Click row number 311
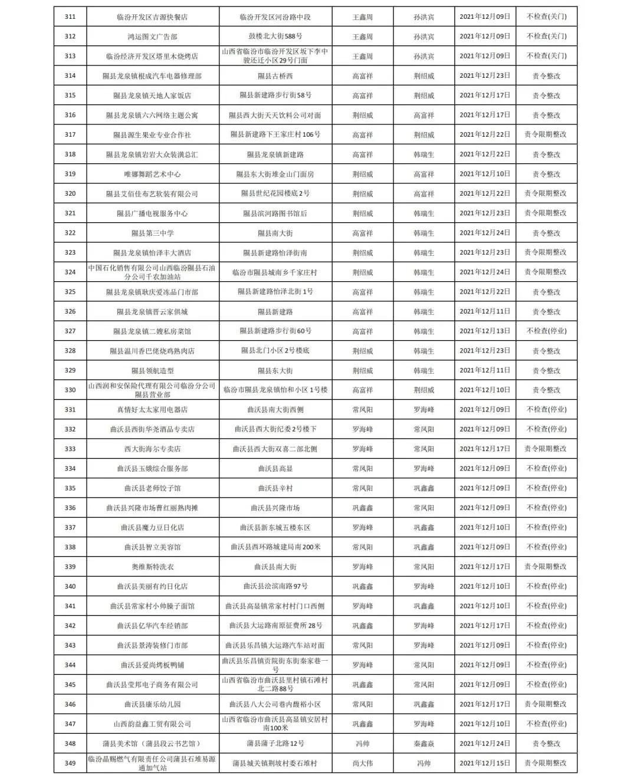point(70,17)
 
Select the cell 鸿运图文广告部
point(152,37)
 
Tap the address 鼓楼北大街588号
point(275,37)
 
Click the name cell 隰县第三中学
point(152,233)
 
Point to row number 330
point(70,390)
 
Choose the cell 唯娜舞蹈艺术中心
point(152,174)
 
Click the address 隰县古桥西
point(275,76)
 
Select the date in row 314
point(485,76)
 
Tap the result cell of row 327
point(546,331)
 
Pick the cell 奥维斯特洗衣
point(152,567)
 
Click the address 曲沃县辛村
point(275,488)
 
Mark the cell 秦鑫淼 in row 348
point(423,744)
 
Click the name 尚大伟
point(362,763)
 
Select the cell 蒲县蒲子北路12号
point(275,744)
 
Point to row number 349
point(70,763)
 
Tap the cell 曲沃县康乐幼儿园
point(152,704)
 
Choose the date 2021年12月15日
point(485,763)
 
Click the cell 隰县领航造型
point(152,370)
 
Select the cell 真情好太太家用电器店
point(152,410)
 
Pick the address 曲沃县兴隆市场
point(275,508)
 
